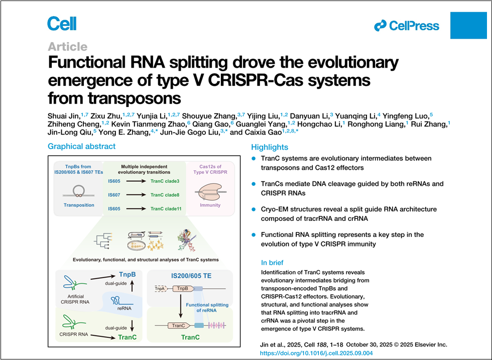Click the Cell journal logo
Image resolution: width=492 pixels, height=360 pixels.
pyautogui.click(x=62, y=23)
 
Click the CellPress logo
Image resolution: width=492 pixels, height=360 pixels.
pyautogui.click(x=407, y=26)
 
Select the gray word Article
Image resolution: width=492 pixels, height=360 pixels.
pyautogui.click(x=67, y=47)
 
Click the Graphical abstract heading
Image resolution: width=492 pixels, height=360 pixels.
pyautogui.click(x=81, y=147)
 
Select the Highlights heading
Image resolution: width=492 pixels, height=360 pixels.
pyautogui.click(x=270, y=147)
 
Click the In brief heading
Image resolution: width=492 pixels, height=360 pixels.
pyautogui.click(x=272, y=263)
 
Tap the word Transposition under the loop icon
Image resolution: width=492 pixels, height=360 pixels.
pyautogui.click(x=79, y=205)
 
